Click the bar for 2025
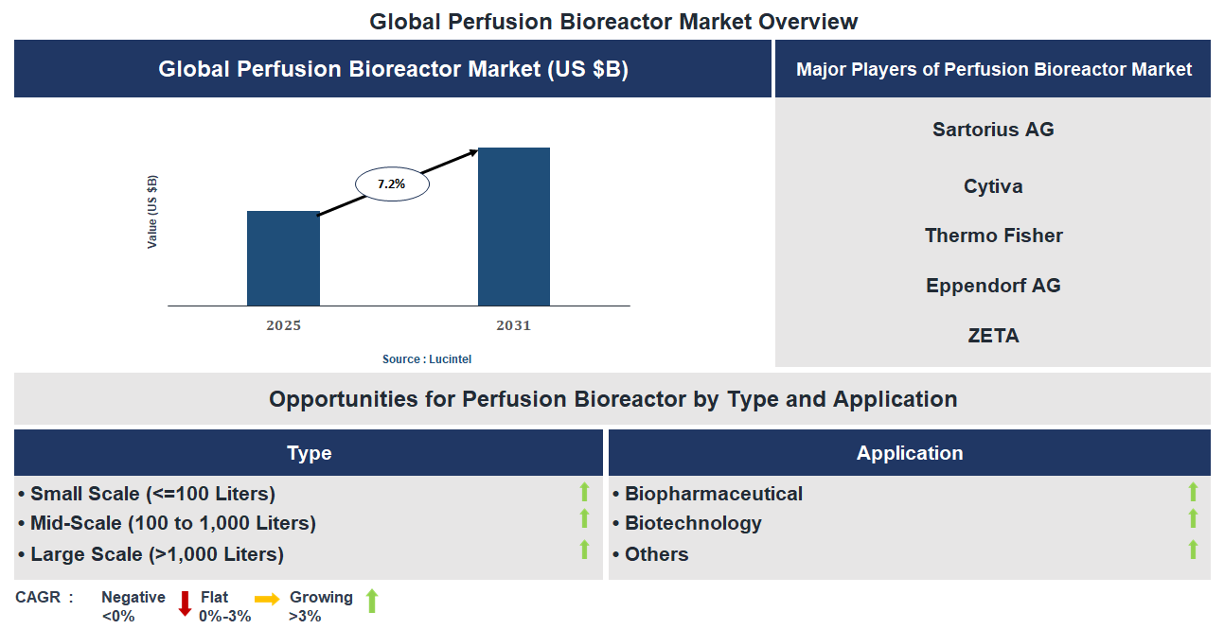[283, 258]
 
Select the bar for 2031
[513, 227]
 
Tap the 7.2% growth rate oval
[392, 184]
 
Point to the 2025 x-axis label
[283, 325]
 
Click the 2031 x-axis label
[513, 325]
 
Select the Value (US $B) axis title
[152, 212]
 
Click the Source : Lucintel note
[426, 359]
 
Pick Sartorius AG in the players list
[992, 130]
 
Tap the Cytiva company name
[992, 186]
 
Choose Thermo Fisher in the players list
[992, 236]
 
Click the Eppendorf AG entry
[992, 286]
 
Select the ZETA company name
[992, 336]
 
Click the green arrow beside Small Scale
[584, 492]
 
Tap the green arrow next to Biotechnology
[1193, 519]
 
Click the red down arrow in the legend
[185, 603]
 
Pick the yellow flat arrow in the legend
[267, 599]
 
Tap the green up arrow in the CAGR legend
[372, 600]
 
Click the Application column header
[909, 453]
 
